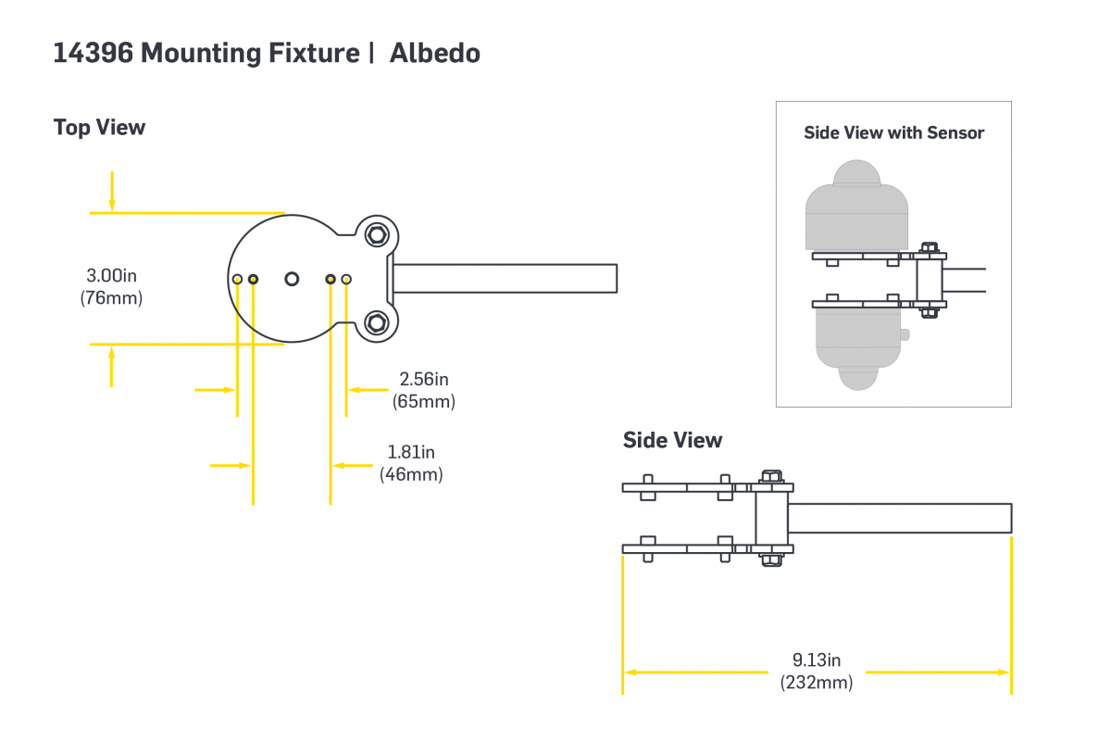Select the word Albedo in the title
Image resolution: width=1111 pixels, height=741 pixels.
tap(434, 54)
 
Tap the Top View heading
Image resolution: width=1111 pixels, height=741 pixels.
tap(99, 127)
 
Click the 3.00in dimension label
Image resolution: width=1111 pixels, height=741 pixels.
tap(111, 275)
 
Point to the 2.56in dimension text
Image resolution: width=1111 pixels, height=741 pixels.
tap(424, 379)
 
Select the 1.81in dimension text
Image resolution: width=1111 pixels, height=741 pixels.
tap(411, 452)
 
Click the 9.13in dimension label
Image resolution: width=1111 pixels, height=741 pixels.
tap(816, 660)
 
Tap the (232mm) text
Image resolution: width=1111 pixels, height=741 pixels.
tap(816, 683)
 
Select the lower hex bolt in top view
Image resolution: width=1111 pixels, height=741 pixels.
tap(376, 322)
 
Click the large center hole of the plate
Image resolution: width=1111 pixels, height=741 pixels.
tap(293, 278)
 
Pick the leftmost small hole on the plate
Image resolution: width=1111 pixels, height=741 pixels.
tap(238, 279)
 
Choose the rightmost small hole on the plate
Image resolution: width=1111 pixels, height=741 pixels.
tap(346, 279)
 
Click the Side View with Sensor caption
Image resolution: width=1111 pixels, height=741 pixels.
tap(893, 132)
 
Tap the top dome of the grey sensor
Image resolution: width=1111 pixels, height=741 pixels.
tap(856, 173)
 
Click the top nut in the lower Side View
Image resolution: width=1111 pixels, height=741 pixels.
tap(770, 478)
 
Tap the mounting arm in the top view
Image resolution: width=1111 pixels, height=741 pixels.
tap(505, 278)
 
